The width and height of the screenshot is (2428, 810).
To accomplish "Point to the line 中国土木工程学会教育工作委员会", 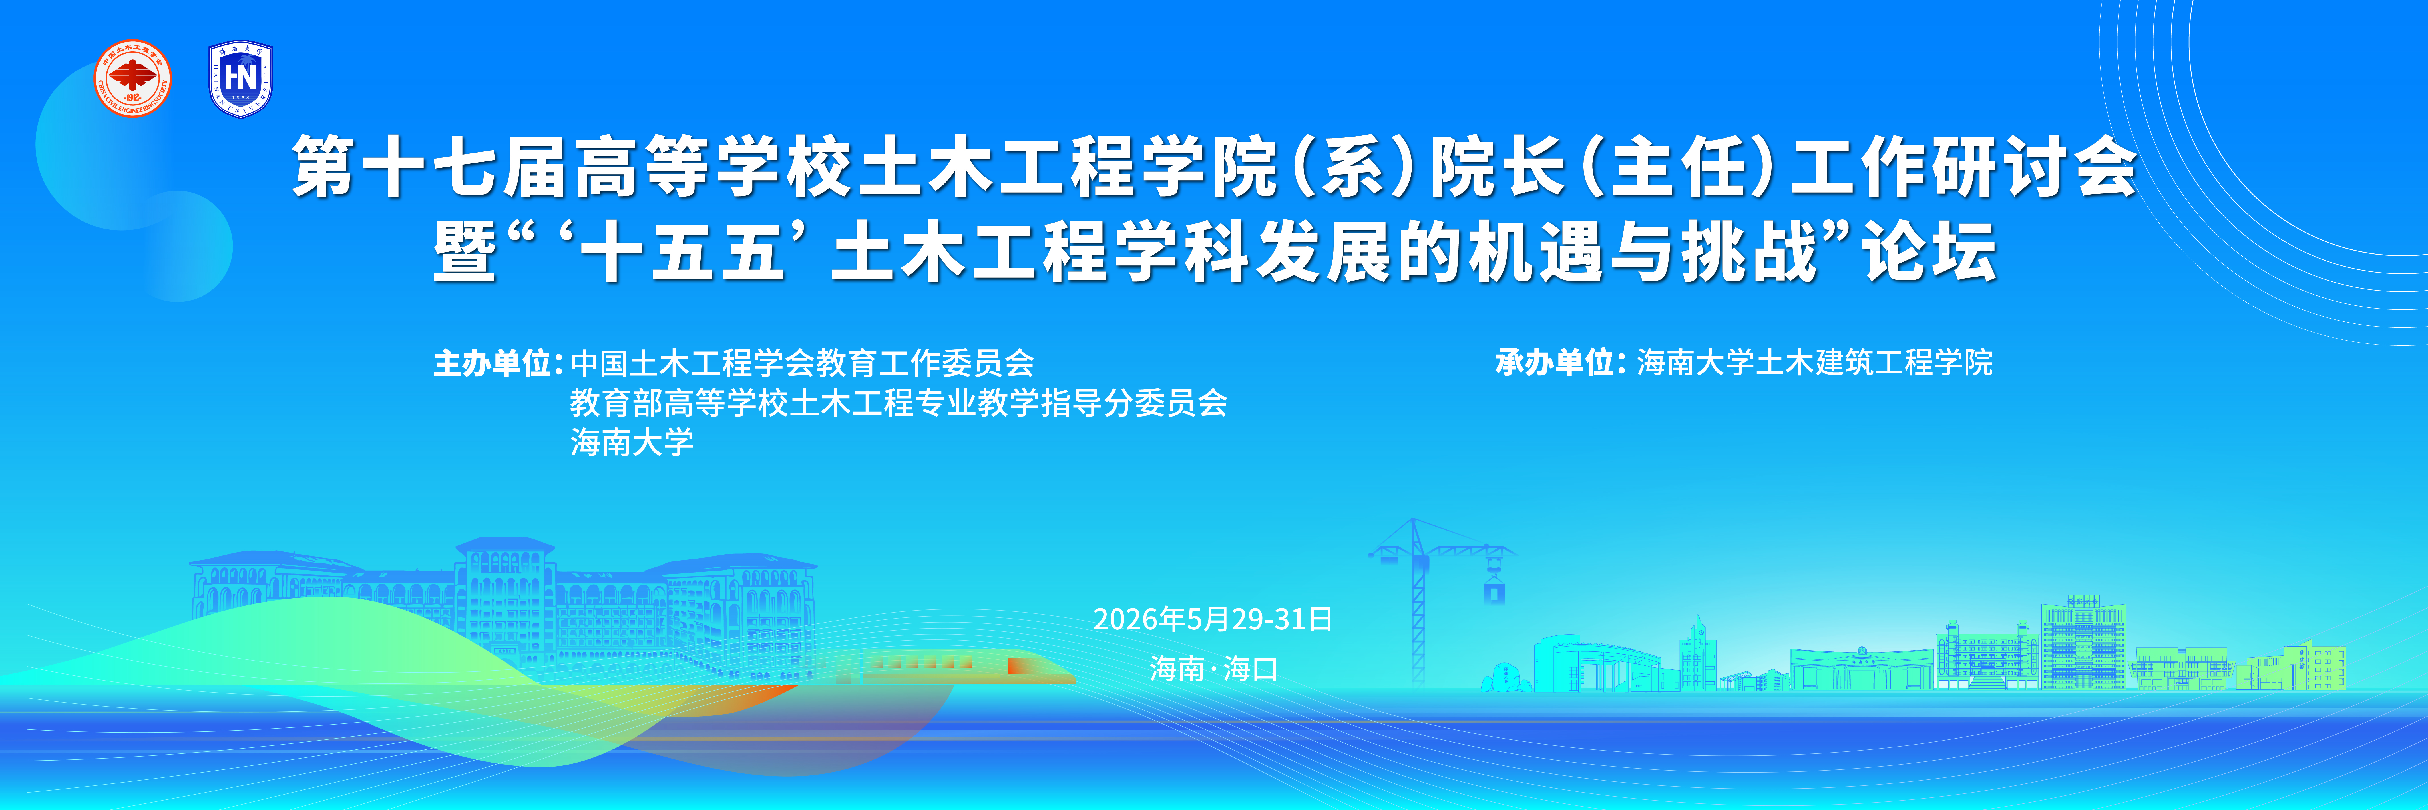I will (802, 363).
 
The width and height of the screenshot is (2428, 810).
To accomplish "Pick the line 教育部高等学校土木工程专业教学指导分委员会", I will (898, 404).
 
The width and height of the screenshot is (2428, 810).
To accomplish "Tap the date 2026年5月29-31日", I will (1212, 619).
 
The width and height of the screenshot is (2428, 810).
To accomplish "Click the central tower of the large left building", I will (504, 594).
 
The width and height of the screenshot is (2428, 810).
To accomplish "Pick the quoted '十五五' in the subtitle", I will (683, 253).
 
